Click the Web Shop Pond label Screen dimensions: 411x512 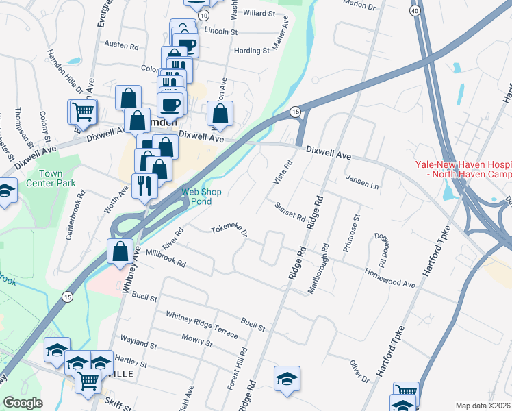[x=198, y=197]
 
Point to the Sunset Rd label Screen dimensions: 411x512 [x=290, y=212]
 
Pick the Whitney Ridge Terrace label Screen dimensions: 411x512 [x=202, y=325]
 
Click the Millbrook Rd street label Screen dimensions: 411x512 [x=166, y=258]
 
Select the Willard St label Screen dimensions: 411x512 [x=258, y=13]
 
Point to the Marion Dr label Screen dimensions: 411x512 [x=360, y=6]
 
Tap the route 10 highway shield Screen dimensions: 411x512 [x=203, y=14]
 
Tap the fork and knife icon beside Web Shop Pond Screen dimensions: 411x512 [x=144, y=184]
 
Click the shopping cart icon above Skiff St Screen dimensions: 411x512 [x=88, y=380]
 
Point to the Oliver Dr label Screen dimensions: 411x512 [x=359, y=371]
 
